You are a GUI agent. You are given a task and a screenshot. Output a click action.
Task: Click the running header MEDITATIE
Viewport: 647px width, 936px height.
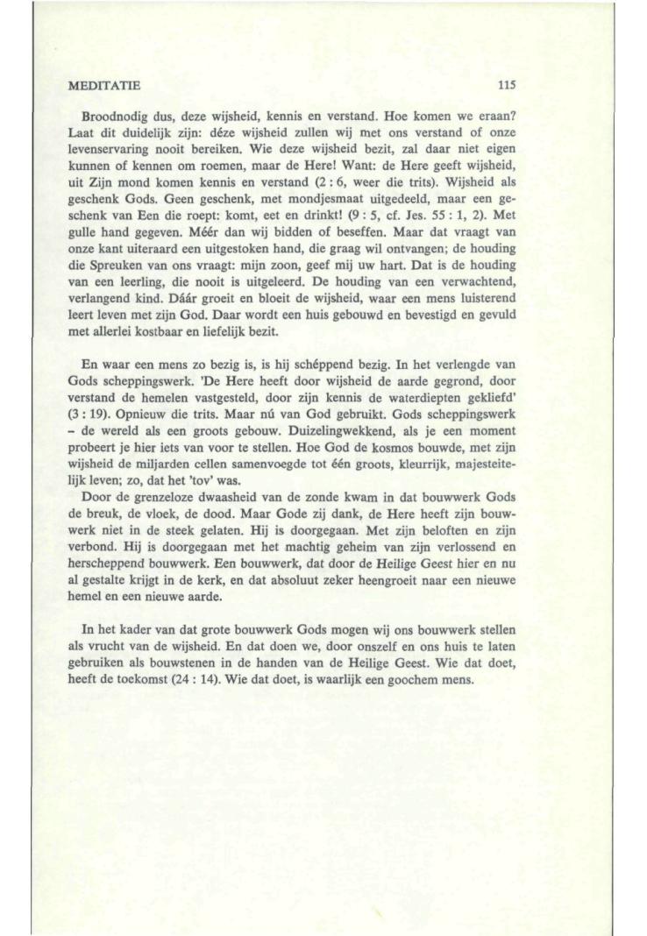click(103, 85)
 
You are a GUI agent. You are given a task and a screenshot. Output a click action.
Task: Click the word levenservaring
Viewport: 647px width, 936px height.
click(106, 150)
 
